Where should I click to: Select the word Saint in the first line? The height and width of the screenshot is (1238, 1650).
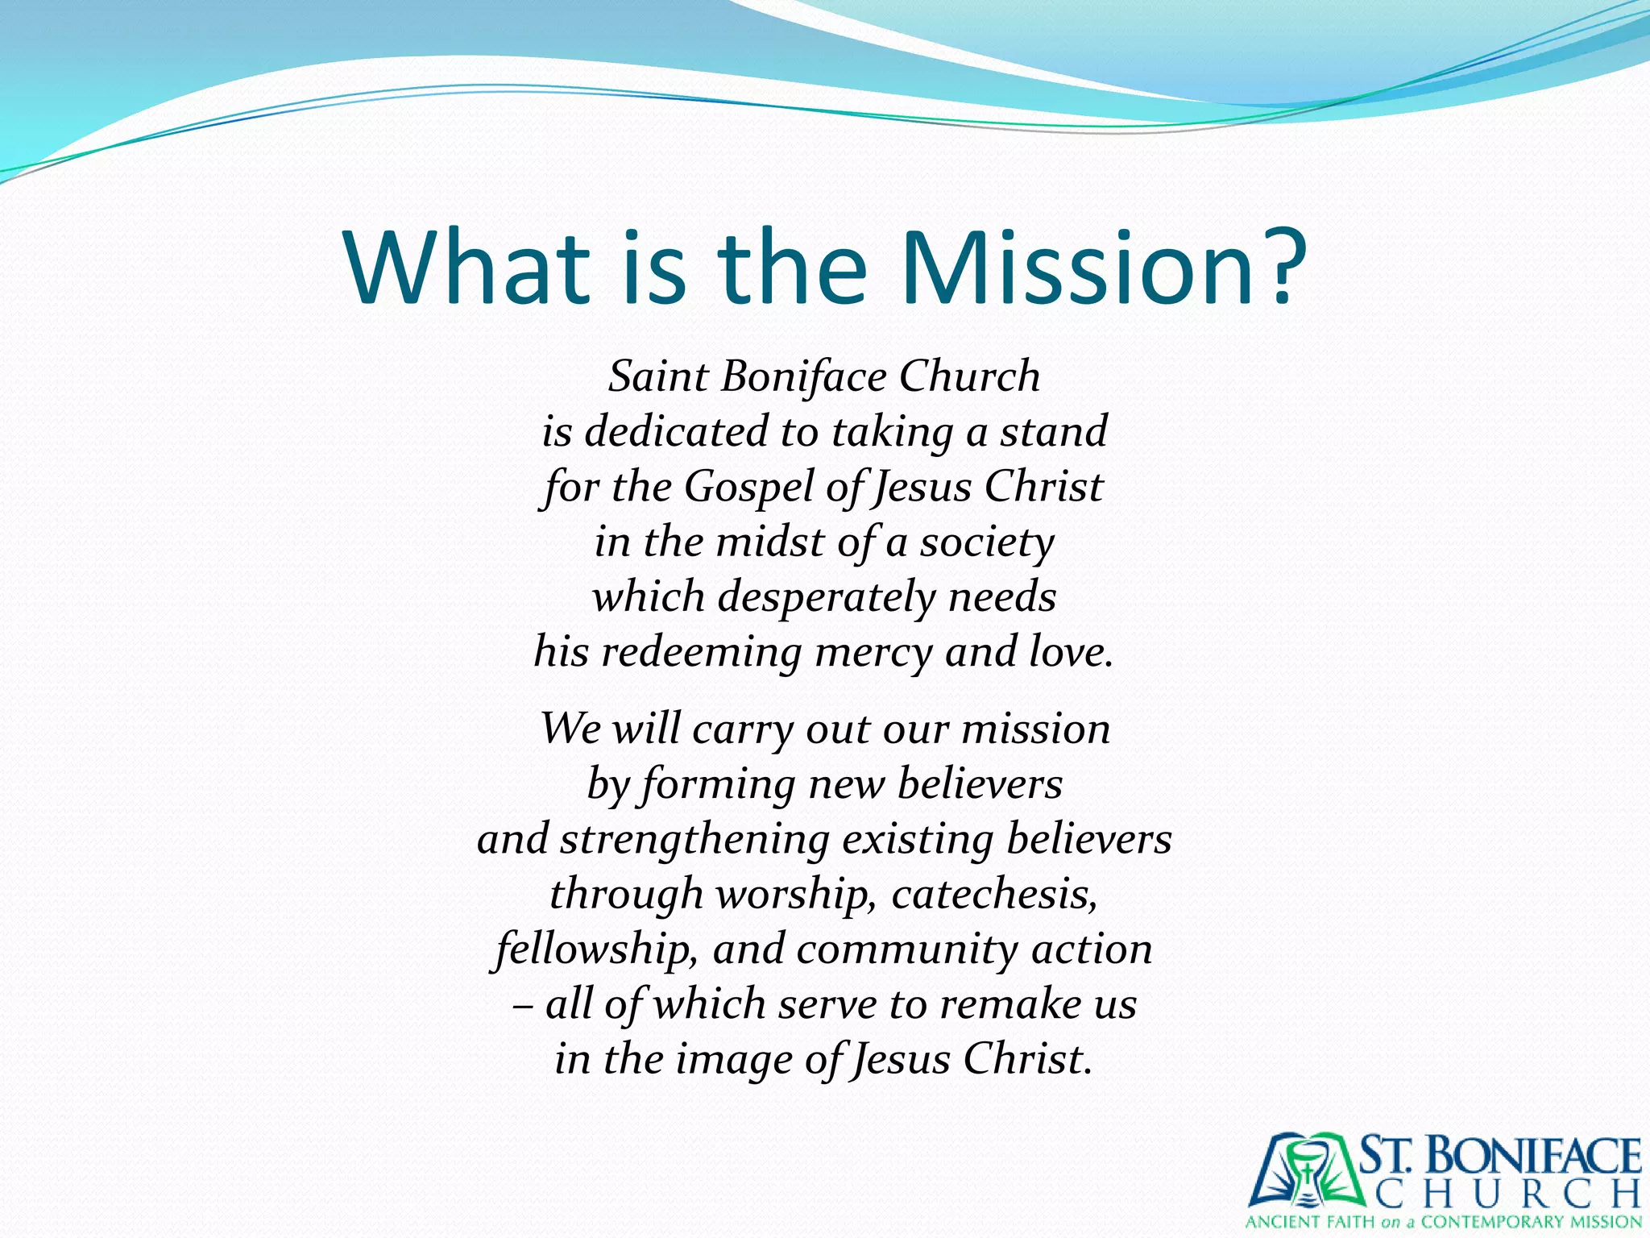click(x=657, y=376)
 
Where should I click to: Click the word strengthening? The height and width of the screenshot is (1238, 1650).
click(x=694, y=840)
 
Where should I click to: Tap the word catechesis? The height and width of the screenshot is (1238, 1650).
click(x=994, y=894)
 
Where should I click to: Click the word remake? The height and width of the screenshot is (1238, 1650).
click(x=1010, y=1004)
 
